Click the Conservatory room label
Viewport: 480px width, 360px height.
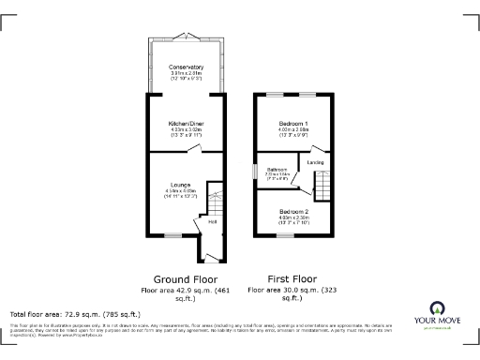point(186,67)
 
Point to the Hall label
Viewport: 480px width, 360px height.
point(214,222)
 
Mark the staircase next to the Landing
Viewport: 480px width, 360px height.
point(322,188)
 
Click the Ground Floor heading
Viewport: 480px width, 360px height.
point(186,279)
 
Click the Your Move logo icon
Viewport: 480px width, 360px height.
point(436,309)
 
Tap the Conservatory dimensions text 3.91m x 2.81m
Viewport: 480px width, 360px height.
point(186,74)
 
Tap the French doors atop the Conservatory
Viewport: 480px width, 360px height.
point(186,40)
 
